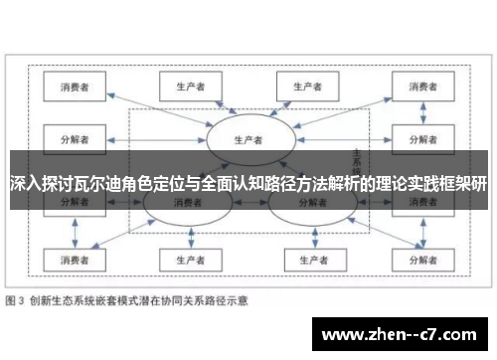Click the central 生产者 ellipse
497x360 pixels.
pos(246,138)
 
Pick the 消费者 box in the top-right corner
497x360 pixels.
pos(416,88)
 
